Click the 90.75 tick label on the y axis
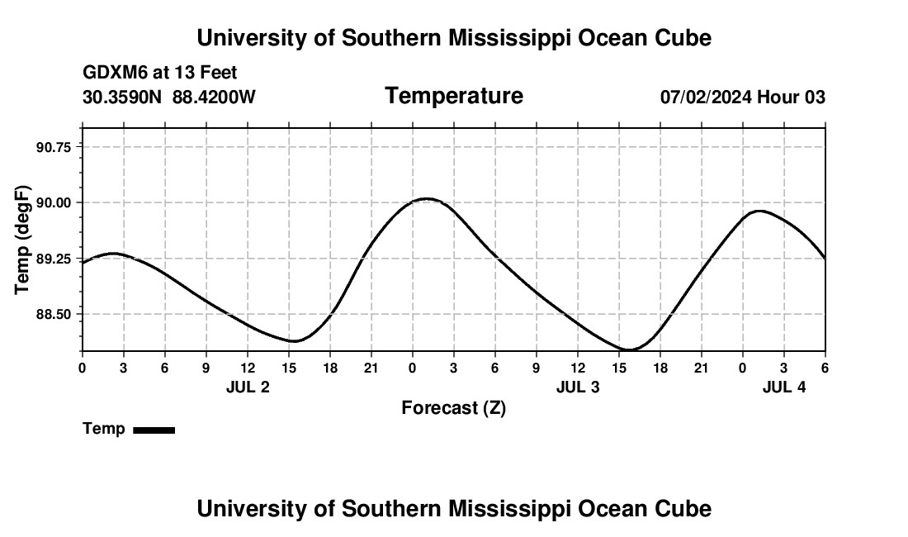click(55, 146)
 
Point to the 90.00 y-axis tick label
click(55, 202)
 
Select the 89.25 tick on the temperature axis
click(55, 259)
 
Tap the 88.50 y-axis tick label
click(55, 315)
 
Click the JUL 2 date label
click(248, 387)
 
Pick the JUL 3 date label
click(578, 387)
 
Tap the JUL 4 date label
click(784, 387)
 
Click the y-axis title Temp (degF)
click(23, 240)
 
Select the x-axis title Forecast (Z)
click(453, 407)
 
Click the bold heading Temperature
click(454, 96)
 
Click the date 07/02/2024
click(706, 97)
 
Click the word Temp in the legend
click(104, 429)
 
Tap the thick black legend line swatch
click(154, 430)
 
